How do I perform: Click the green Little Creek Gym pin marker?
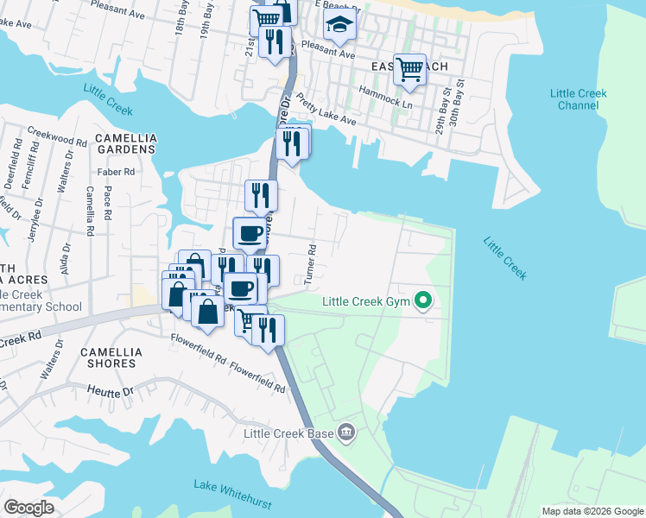[x=422, y=301]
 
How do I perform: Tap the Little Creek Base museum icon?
[x=346, y=432]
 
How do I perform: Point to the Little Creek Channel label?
[x=579, y=99]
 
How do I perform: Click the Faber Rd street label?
[x=117, y=172]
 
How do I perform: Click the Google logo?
[x=29, y=507]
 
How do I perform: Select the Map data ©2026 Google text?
[x=592, y=511]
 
